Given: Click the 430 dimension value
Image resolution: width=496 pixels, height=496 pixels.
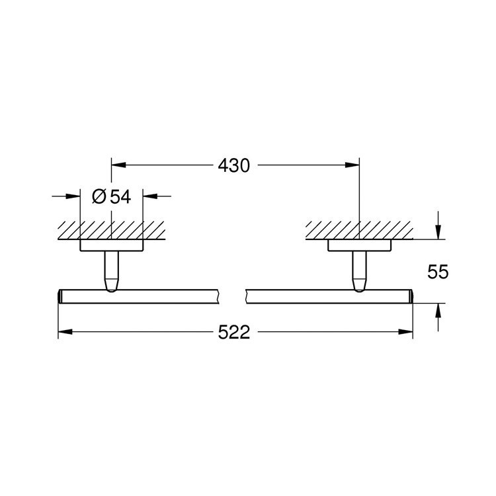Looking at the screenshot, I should click(234, 165).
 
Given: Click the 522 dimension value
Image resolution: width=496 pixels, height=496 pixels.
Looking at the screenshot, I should click(234, 333).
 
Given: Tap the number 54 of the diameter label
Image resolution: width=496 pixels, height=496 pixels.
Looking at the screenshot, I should click(120, 196).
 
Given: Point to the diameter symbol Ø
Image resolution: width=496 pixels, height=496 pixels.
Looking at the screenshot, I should click(99, 196).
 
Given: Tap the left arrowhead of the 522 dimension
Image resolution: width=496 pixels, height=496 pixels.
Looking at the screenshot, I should click(65, 333).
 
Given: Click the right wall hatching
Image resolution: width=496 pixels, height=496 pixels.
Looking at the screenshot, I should click(358, 230).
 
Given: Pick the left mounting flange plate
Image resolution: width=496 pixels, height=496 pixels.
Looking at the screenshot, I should click(111, 245).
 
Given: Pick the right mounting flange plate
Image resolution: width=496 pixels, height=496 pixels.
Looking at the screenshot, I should click(358, 245).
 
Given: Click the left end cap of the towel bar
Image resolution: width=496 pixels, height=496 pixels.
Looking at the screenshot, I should click(61, 296).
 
